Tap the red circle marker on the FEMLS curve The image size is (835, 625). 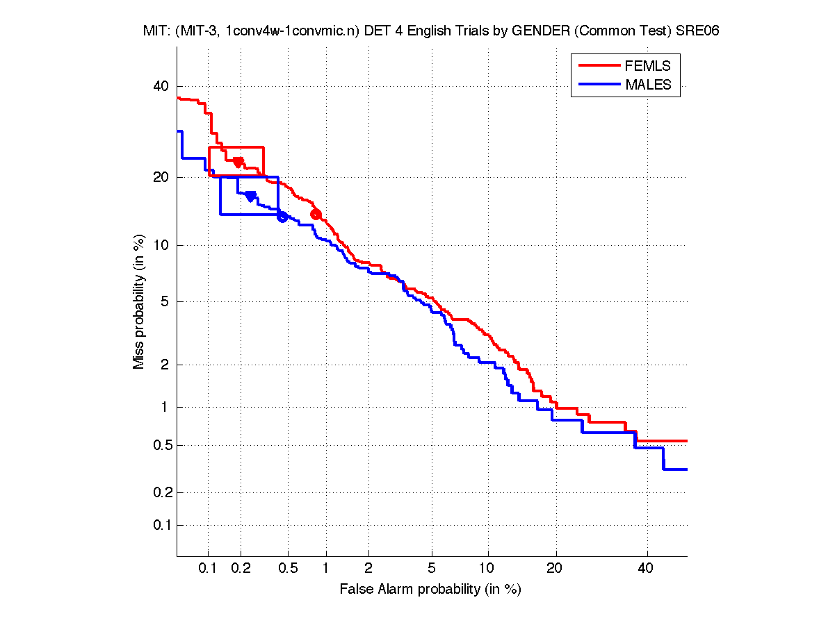click(316, 214)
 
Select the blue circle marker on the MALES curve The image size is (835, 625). click(282, 217)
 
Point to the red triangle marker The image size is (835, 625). click(238, 162)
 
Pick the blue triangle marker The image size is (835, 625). click(251, 197)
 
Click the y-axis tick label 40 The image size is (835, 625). click(161, 86)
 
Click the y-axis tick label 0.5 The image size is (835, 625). click(159, 445)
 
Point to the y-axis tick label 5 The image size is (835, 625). click(165, 301)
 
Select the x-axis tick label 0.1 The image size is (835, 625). click(209, 569)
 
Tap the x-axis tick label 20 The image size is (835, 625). click(554, 569)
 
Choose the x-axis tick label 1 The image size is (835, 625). click(326, 569)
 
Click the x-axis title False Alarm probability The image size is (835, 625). click(430, 590)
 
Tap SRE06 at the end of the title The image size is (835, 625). click(701, 31)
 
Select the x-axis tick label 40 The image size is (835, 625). click(646, 569)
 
